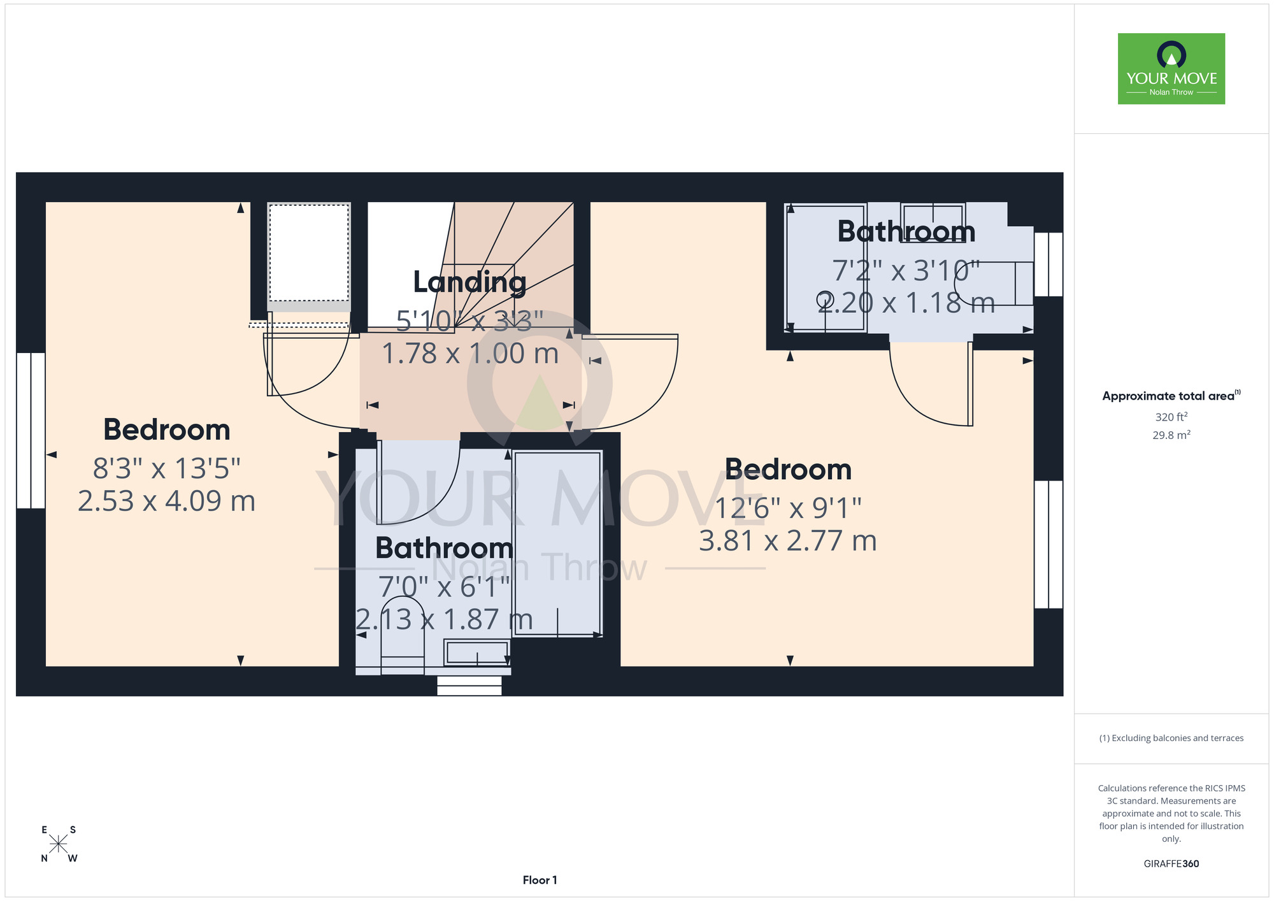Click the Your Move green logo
[1171, 69]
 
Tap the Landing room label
[469, 282]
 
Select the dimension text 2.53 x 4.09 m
[167, 501]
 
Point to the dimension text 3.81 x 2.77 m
[788, 541]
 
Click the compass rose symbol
[59, 844]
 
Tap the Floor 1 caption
[540, 880]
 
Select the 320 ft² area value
[1171, 417]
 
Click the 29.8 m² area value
[1171, 435]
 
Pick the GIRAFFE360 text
[1171, 864]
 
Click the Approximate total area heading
[1171, 396]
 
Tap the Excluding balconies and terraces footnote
[1171, 738]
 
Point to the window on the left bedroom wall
[31, 431]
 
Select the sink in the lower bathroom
[477, 653]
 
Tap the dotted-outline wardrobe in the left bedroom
[309, 252]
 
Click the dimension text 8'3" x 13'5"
[167, 468]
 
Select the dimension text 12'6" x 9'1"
[788, 508]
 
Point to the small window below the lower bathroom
[469, 686]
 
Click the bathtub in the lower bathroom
[557, 544]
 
